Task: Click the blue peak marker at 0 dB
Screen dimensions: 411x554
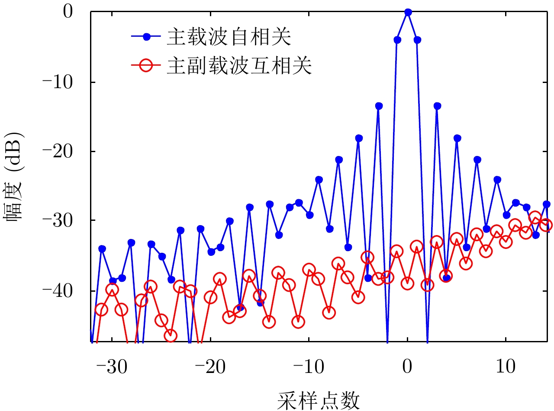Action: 407,12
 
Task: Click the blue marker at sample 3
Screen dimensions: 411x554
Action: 437,106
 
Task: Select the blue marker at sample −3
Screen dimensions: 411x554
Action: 379,106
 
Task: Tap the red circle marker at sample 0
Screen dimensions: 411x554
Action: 407,284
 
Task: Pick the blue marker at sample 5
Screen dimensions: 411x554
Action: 457,138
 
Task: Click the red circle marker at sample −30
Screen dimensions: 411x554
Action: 112,290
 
